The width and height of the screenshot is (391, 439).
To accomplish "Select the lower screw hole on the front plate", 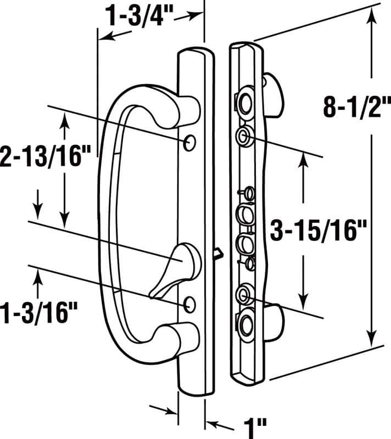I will (190, 303).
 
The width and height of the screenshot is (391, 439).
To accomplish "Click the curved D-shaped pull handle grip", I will (107, 219).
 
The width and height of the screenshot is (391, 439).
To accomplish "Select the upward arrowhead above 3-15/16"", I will (303, 159).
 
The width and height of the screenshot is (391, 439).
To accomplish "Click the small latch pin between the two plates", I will (218, 253).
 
